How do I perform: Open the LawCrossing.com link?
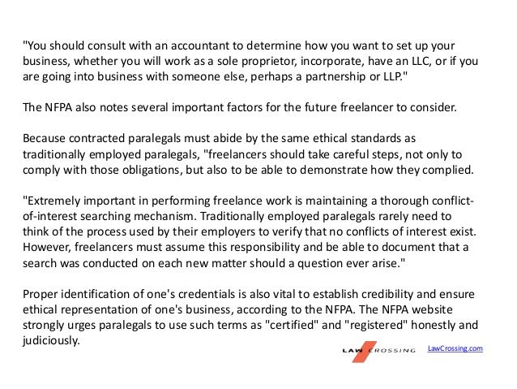(x=455, y=348)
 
